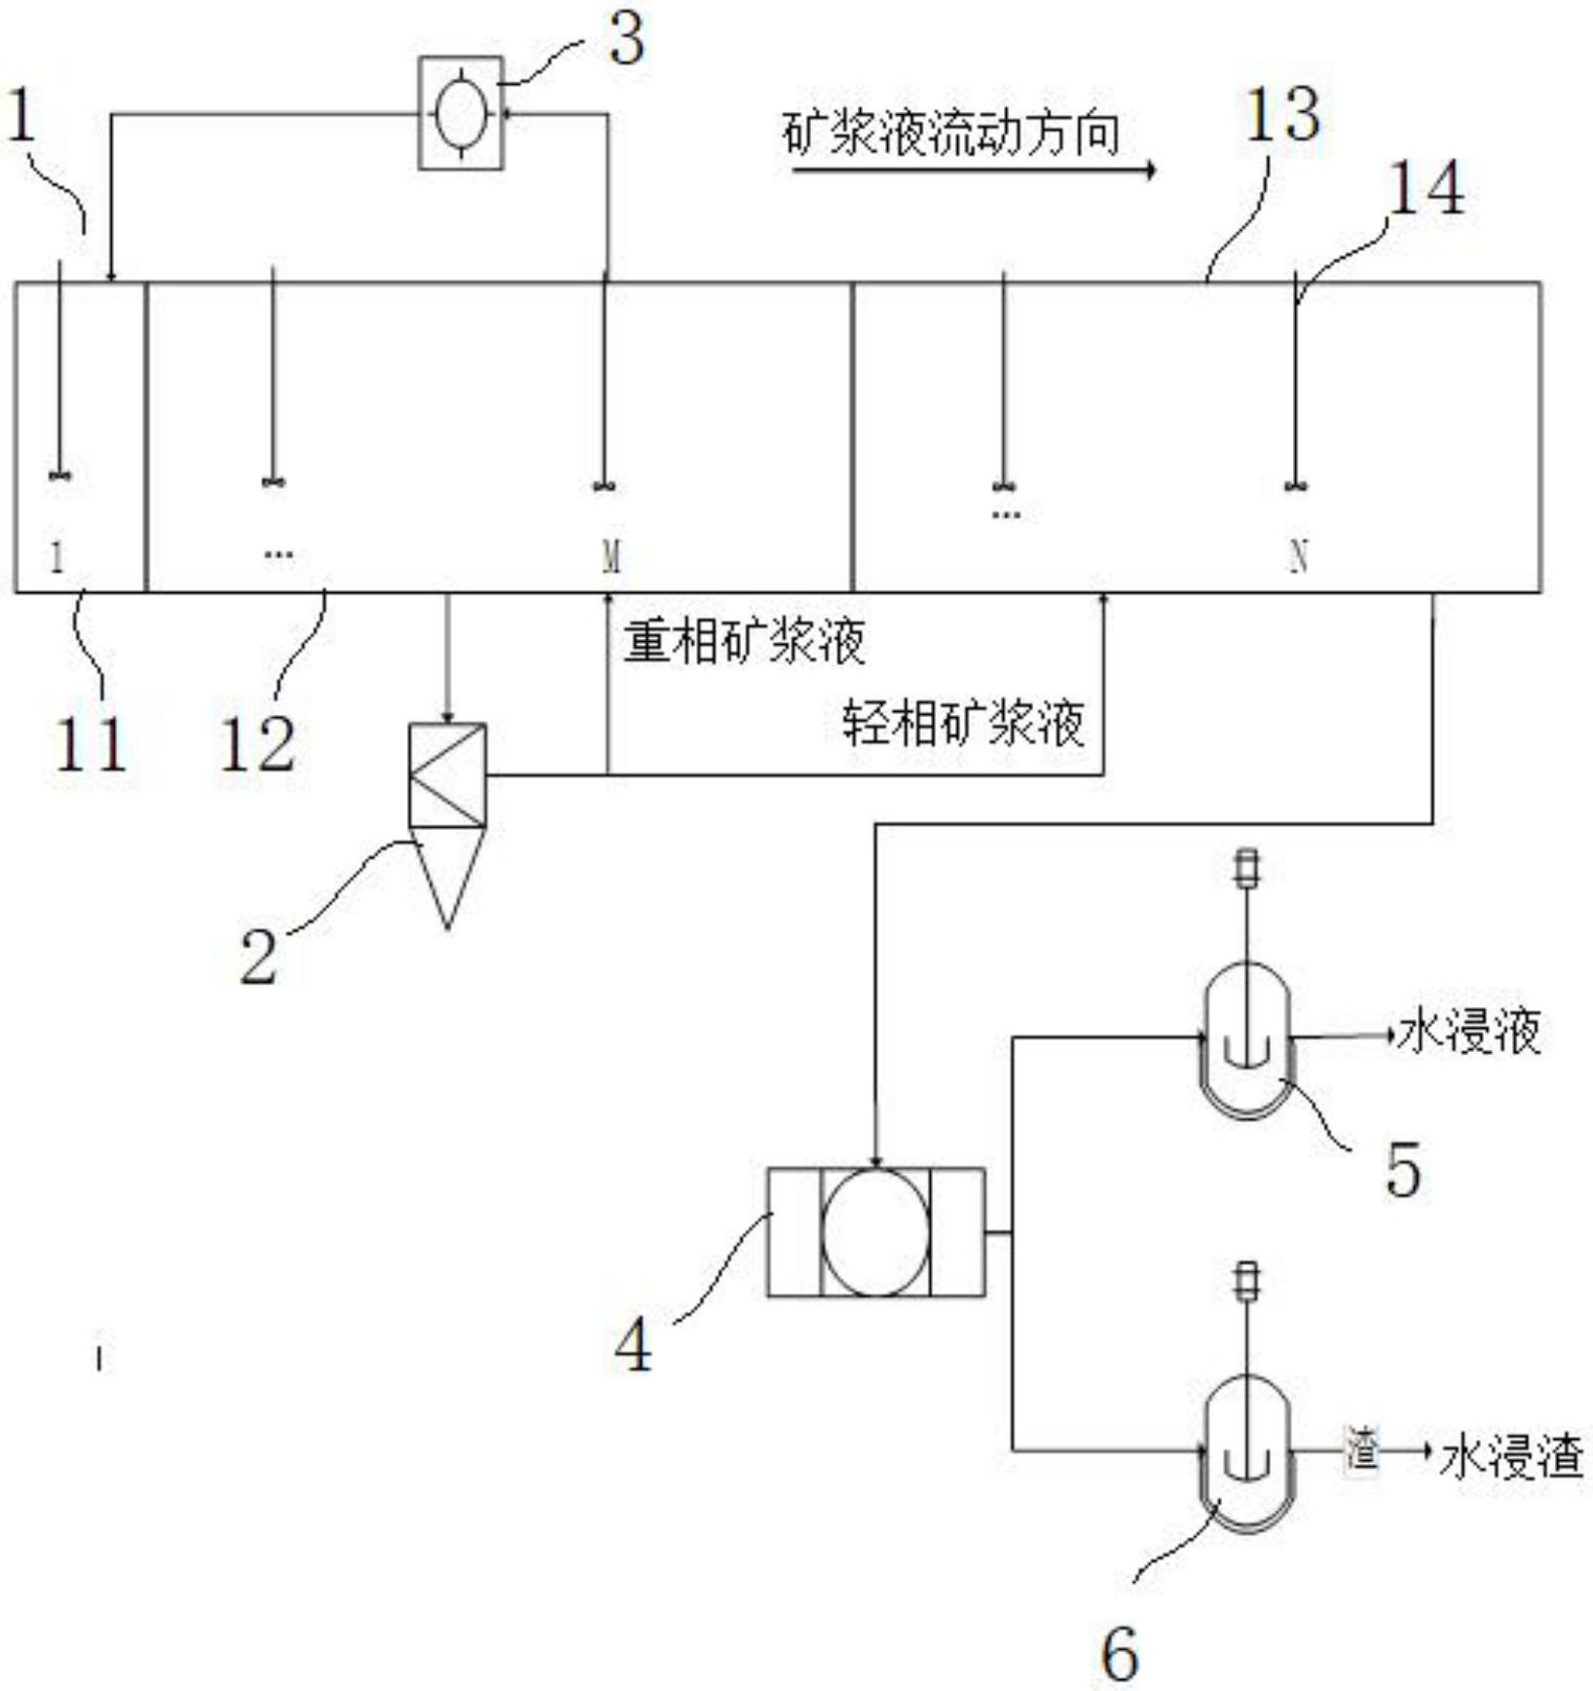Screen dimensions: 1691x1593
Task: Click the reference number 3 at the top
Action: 627,41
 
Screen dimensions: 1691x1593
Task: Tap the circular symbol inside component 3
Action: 462,113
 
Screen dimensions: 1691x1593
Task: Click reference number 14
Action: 1426,189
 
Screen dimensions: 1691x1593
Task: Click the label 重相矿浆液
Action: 745,642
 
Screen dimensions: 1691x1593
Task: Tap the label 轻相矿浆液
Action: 964,724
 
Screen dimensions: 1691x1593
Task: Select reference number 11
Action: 91,745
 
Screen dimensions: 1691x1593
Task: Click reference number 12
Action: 258,745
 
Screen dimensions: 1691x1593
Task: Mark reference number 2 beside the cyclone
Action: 259,957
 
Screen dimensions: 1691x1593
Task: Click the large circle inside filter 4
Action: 874,1232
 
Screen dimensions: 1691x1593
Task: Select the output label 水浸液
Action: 1469,1033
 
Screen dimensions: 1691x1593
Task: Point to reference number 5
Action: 1403,1169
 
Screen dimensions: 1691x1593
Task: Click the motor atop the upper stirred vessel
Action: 1246,869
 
